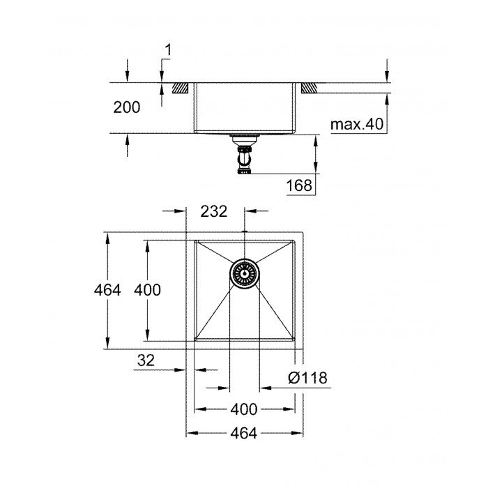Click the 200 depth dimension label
[x=127, y=107]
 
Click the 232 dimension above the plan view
[x=214, y=213]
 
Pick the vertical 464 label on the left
[x=108, y=290]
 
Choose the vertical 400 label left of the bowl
[x=148, y=290]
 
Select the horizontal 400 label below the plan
[x=243, y=409]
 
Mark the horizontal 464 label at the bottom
[x=243, y=434]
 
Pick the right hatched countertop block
[x=309, y=88]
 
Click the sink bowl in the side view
[x=244, y=108]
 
